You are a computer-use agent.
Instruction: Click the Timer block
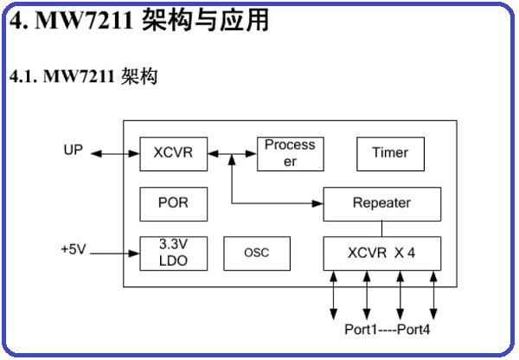(389, 153)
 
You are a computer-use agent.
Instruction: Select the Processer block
(290, 153)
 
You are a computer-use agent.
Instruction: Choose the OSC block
(256, 253)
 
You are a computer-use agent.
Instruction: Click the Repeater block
(381, 203)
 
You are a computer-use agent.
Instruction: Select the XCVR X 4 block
(381, 253)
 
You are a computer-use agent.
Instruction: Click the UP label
(74, 151)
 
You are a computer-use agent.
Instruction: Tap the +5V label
(74, 250)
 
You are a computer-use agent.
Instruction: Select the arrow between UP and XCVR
(113, 154)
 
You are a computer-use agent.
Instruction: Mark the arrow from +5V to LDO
(113, 254)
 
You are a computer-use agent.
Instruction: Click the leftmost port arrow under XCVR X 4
(334, 294)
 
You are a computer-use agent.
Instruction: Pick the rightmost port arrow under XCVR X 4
(433, 294)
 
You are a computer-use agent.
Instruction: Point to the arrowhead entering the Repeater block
(317, 203)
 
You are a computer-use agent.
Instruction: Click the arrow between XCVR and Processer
(232, 154)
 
